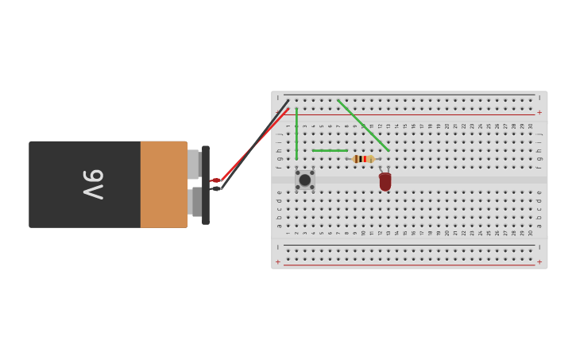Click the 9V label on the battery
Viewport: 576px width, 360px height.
94,184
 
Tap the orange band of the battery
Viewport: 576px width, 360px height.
164,184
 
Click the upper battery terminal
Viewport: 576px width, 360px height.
193,164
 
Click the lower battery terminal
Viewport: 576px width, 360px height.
195,202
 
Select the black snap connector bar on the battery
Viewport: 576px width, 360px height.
206,184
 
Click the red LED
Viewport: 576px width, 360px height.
385,182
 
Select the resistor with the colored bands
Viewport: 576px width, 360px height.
363,159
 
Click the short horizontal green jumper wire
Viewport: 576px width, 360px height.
330,150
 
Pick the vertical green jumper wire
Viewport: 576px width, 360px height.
296,134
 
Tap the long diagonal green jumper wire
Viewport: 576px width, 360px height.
363,126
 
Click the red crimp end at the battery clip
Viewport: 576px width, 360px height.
215,180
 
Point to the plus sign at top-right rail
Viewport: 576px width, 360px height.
539,113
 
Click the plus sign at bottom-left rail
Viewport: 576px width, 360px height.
278,261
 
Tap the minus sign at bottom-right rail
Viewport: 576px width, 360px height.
539,247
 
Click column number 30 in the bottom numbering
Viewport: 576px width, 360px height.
531,233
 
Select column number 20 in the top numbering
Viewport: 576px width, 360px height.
447,126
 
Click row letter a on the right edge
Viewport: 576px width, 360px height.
539,225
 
